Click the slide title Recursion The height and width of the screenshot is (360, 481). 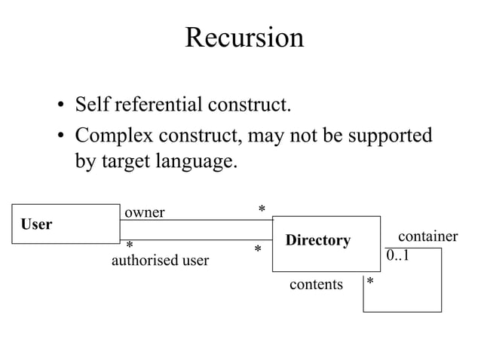pos(244,38)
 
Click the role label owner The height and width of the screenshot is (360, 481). pos(144,212)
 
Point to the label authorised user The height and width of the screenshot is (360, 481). pos(160,261)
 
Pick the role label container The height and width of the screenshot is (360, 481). pos(427,236)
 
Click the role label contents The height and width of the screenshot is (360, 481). pos(317,285)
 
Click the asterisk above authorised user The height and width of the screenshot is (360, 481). pos(130,247)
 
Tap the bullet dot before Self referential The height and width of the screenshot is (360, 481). pos(59,105)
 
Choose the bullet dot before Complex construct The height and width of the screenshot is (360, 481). pos(59,138)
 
